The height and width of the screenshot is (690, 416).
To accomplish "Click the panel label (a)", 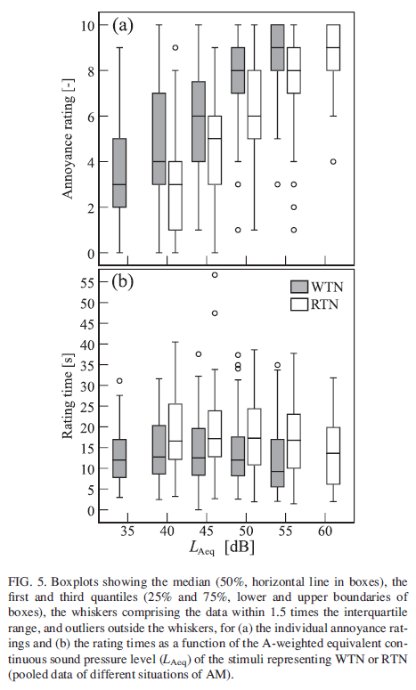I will click(122, 24).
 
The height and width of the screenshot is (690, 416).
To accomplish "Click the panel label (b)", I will click(122, 285).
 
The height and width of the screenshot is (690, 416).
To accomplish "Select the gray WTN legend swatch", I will click(299, 286).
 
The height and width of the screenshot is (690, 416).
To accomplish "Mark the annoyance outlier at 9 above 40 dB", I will click(175, 47).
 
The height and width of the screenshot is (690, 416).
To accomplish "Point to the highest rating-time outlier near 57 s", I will click(215, 275).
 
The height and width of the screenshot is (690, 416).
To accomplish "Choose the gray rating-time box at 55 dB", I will click(279, 463).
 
